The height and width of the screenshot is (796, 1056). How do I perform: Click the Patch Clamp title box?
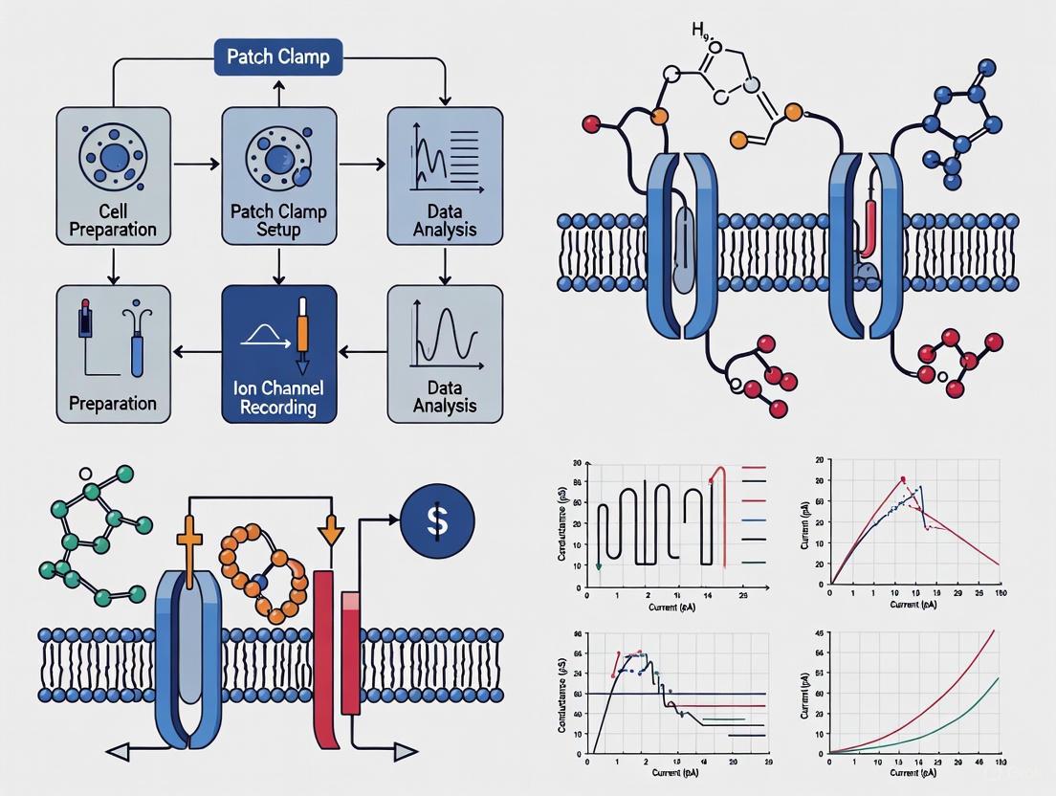click(x=278, y=56)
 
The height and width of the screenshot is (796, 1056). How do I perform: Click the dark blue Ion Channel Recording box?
click(x=278, y=353)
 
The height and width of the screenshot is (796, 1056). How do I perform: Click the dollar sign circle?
click(x=438, y=520)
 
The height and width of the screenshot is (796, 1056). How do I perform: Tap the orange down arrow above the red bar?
click(x=331, y=528)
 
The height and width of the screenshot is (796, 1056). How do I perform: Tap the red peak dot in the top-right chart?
click(x=902, y=479)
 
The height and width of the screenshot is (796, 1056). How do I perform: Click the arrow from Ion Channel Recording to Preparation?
click(x=195, y=353)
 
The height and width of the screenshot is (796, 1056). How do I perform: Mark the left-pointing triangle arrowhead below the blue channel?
click(x=119, y=752)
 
